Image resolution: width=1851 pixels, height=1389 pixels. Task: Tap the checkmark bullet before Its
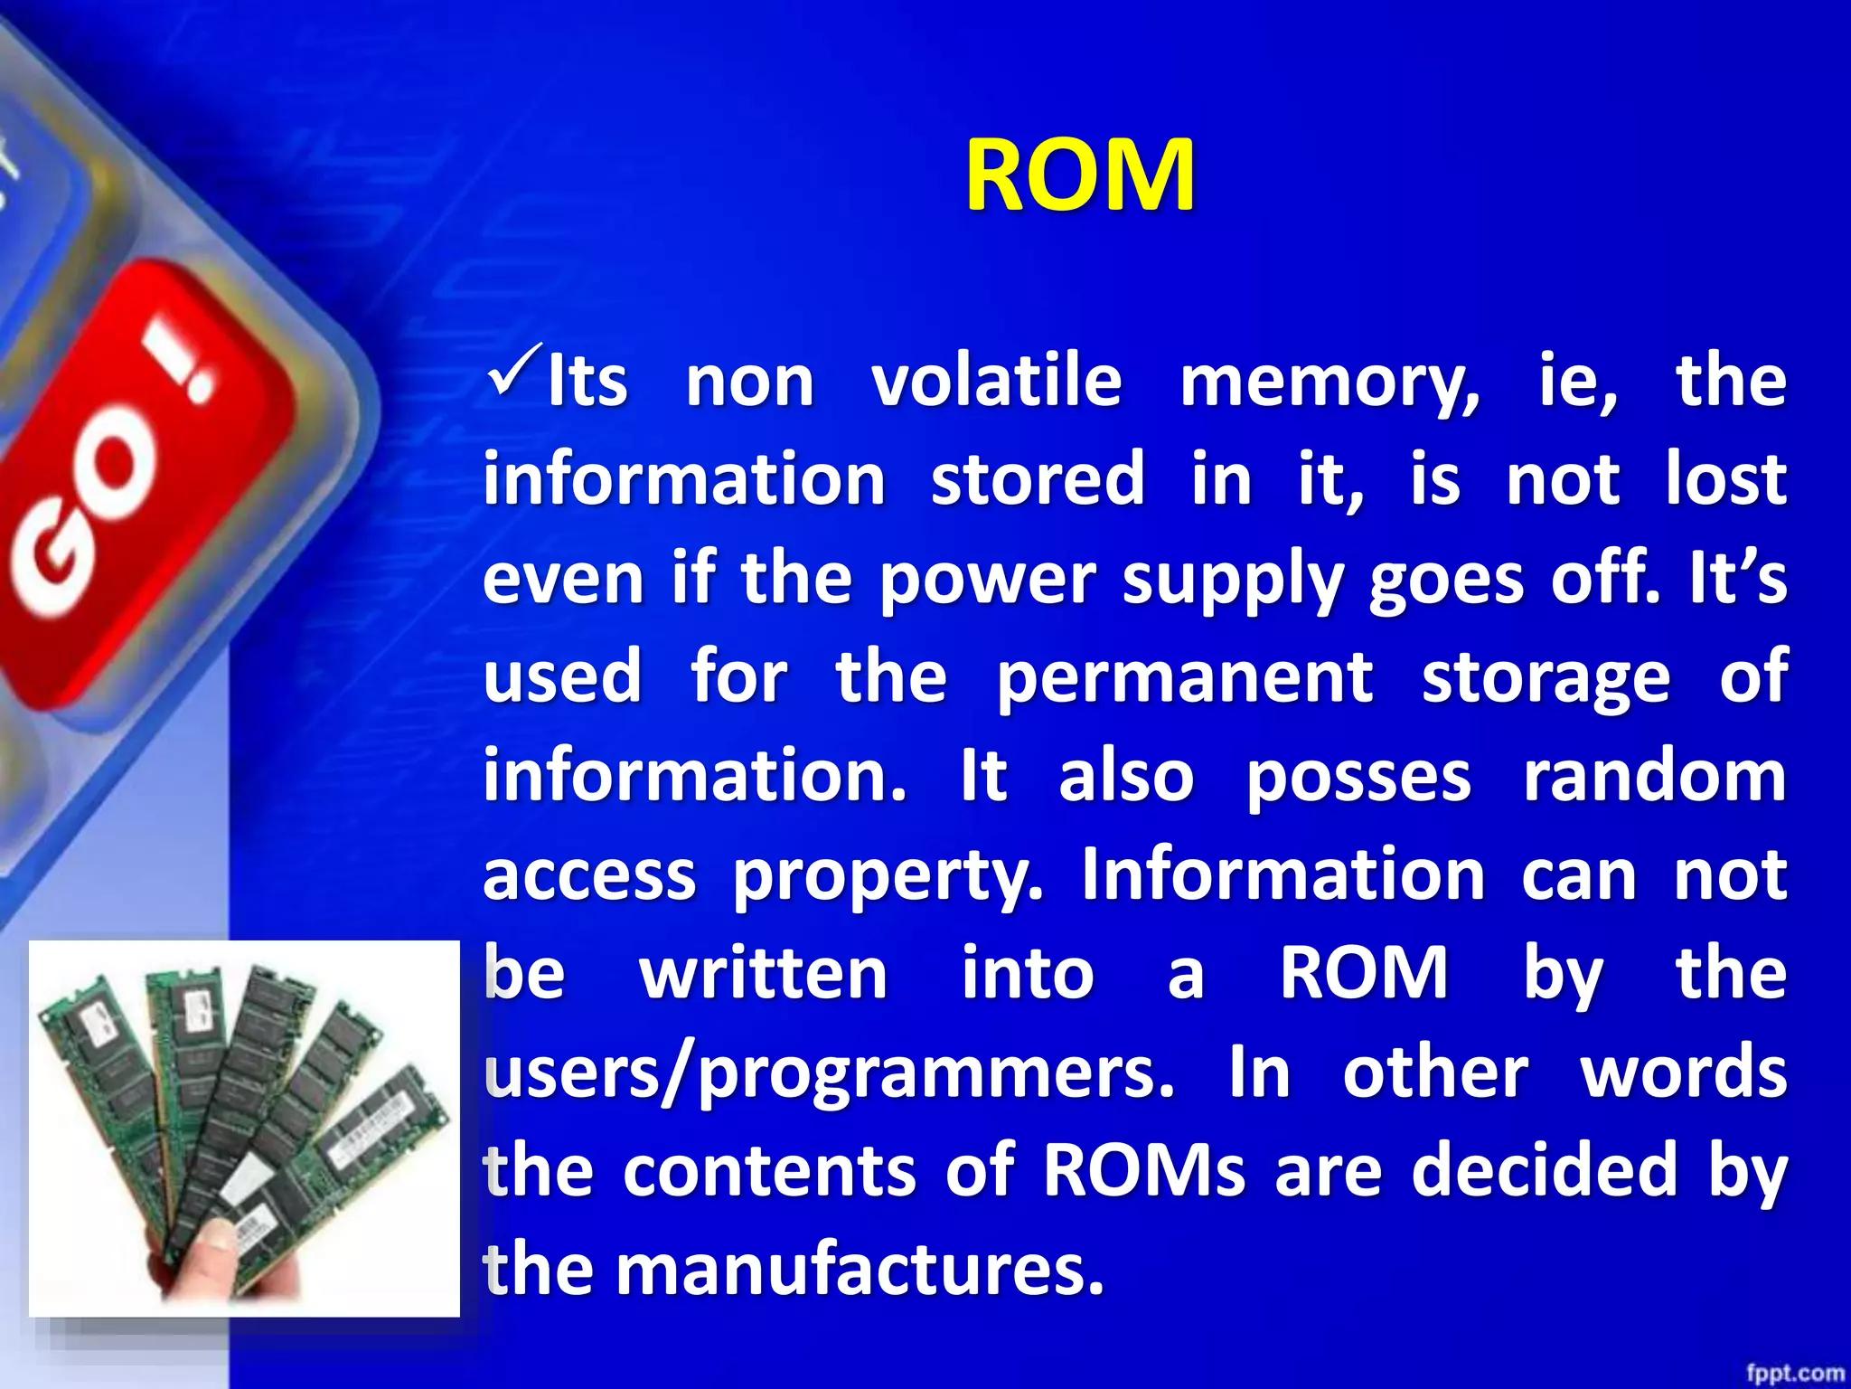pyautogui.click(x=514, y=369)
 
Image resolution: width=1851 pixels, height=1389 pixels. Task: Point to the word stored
pyautogui.click(x=1038, y=479)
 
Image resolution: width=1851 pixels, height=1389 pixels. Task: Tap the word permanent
pyautogui.click(x=1184, y=678)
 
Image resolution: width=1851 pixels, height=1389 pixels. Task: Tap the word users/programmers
pyautogui.click(x=829, y=1074)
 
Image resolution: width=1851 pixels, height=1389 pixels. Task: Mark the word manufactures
pyautogui.click(x=860, y=1270)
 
